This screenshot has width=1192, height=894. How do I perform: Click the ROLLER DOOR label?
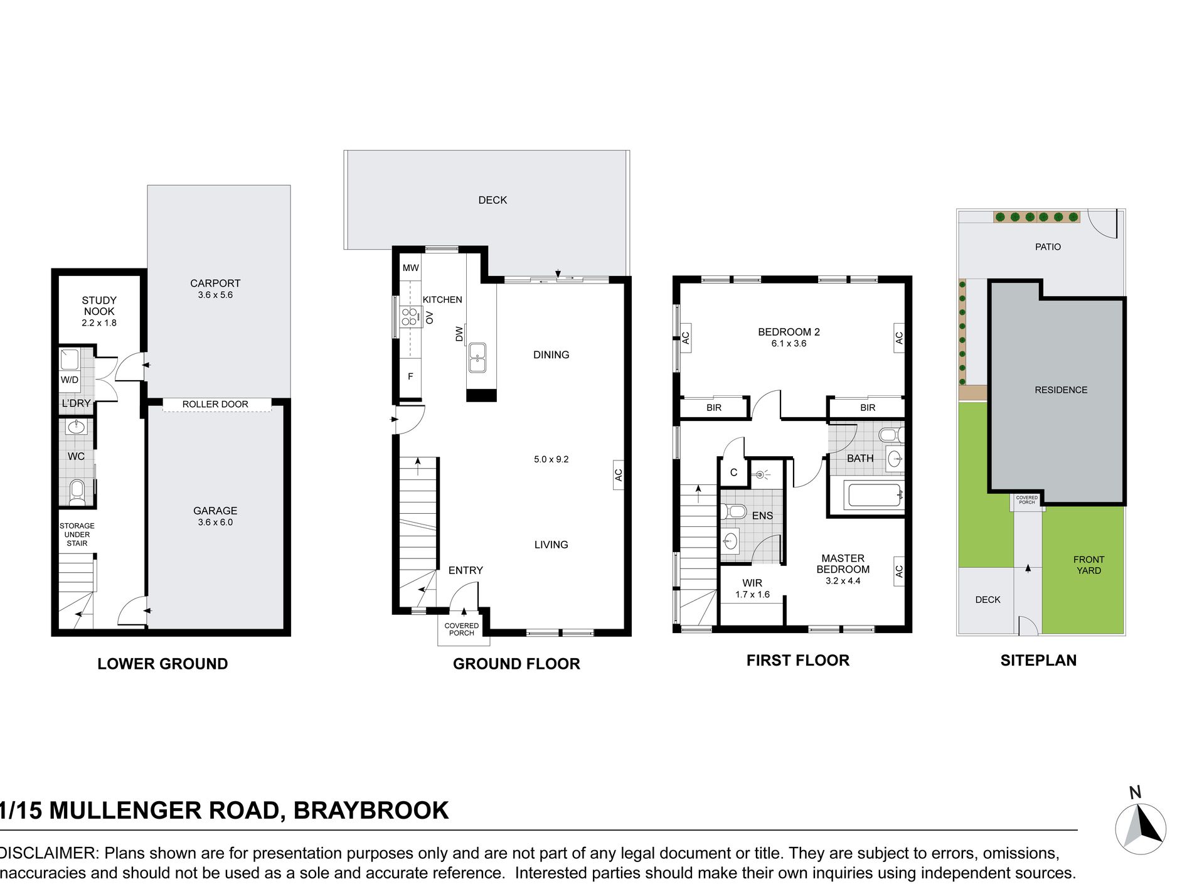(x=215, y=404)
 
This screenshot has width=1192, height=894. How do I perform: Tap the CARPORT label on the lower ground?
(x=215, y=284)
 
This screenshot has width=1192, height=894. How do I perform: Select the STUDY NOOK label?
(x=99, y=306)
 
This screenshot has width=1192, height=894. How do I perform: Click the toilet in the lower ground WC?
(x=77, y=491)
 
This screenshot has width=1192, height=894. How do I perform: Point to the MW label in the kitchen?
(x=411, y=268)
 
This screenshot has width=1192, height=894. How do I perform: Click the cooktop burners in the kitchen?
(x=410, y=317)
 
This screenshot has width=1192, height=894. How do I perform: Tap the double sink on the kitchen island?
(x=477, y=358)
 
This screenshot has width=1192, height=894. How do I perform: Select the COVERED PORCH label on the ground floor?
(x=462, y=629)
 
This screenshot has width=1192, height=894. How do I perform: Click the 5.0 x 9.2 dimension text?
(x=551, y=459)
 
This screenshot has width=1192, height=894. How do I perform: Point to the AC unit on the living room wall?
(x=618, y=475)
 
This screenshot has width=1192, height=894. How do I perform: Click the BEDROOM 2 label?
(x=789, y=332)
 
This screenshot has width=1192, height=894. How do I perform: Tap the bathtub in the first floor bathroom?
(x=875, y=495)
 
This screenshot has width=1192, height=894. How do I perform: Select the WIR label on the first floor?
(x=752, y=583)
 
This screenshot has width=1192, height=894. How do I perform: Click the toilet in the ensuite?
(x=733, y=511)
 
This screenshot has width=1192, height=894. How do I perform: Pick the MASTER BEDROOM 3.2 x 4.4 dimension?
(x=843, y=581)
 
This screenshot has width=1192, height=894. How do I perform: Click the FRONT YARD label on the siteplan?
(x=1088, y=565)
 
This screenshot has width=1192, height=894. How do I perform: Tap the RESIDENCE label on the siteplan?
(x=1061, y=390)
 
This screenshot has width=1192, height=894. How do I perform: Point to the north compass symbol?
(x=1141, y=827)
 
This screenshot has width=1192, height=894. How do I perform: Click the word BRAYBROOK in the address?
(x=371, y=811)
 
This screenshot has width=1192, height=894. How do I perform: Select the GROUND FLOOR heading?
(x=516, y=664)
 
